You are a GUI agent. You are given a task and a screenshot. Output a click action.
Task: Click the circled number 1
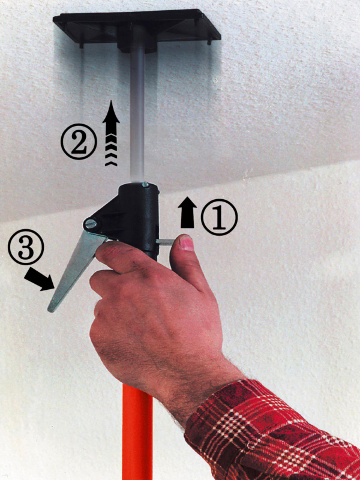219,217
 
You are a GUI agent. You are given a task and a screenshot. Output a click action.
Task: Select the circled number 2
79,142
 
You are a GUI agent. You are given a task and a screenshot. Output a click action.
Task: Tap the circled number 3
26,247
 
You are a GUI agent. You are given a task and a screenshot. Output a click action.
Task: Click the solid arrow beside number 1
187,212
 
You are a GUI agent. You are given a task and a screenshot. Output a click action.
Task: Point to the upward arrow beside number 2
111,133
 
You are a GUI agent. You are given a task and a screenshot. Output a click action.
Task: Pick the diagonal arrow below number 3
40,279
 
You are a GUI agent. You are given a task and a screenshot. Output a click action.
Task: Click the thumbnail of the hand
186,244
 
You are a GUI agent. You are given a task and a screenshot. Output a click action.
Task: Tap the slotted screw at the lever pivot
91,224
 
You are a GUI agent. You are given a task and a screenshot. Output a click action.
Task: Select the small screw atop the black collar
145,184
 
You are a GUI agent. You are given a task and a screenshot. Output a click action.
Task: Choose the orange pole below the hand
137,431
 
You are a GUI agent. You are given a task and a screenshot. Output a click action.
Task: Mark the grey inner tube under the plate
137,113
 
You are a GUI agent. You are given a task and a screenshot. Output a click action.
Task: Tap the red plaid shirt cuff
269,431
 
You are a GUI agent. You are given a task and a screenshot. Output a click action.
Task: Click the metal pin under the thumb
164,242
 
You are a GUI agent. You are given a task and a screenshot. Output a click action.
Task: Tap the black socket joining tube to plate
137,41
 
